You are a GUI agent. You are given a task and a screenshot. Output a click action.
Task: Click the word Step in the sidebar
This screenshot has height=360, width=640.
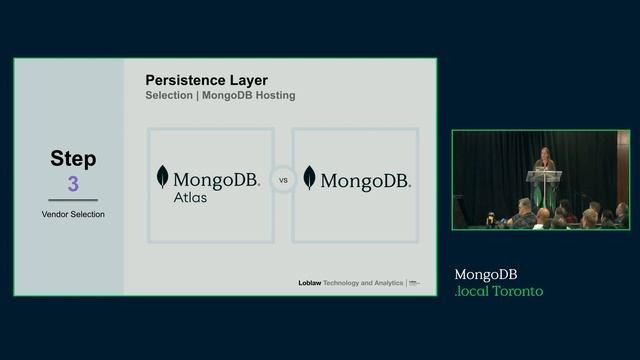73,159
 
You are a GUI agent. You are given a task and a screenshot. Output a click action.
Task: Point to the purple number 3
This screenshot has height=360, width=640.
73,184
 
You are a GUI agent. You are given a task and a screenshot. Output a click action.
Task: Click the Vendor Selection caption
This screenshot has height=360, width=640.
73,214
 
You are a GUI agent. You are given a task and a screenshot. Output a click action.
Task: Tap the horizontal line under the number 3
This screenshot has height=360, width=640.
73,200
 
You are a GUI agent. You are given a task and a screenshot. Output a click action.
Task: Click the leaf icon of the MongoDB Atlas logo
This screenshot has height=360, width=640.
162,178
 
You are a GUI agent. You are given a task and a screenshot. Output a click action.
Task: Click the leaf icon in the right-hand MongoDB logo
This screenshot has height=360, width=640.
309,178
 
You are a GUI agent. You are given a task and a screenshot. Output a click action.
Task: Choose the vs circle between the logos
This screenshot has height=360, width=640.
283,182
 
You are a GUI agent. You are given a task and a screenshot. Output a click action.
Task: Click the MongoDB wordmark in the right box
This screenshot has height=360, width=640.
365,181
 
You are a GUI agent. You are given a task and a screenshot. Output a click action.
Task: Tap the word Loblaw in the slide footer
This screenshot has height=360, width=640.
309,283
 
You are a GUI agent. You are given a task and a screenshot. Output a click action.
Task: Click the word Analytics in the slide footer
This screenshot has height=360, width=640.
386,283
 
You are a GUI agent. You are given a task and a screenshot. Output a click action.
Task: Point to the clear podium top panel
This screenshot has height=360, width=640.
545,175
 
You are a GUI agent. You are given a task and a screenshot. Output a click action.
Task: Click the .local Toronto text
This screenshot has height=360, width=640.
498,291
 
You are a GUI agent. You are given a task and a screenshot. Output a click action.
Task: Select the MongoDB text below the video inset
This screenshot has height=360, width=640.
486,274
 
